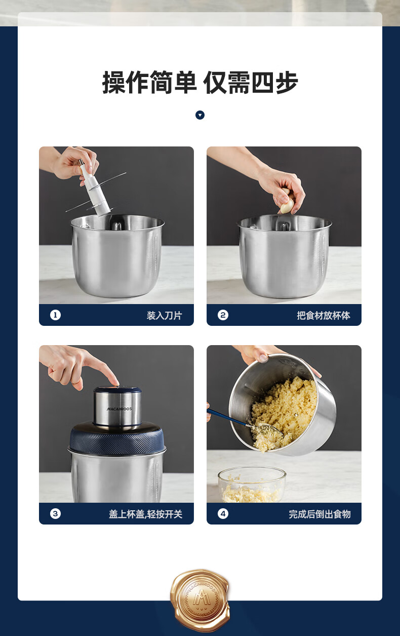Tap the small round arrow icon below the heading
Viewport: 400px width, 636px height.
[x=200, y=115]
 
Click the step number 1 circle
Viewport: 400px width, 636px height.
[x=55, y=315]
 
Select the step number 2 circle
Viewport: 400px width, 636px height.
[x=223, y=315]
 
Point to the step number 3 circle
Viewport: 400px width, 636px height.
[x=55, y=514]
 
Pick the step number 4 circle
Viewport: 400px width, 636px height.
[x=223, y=514]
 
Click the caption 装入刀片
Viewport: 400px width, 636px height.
[x=164, y=315]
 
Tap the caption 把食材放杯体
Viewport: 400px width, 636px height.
[x=324, y=315]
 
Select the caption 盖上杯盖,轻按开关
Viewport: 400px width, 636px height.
[x=145, y=514]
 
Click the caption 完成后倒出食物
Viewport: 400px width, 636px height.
[x=319, y=514]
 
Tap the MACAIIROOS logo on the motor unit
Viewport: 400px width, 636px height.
[x=119, y=409]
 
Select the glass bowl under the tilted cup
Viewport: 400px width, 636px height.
[x=252, y=485]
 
